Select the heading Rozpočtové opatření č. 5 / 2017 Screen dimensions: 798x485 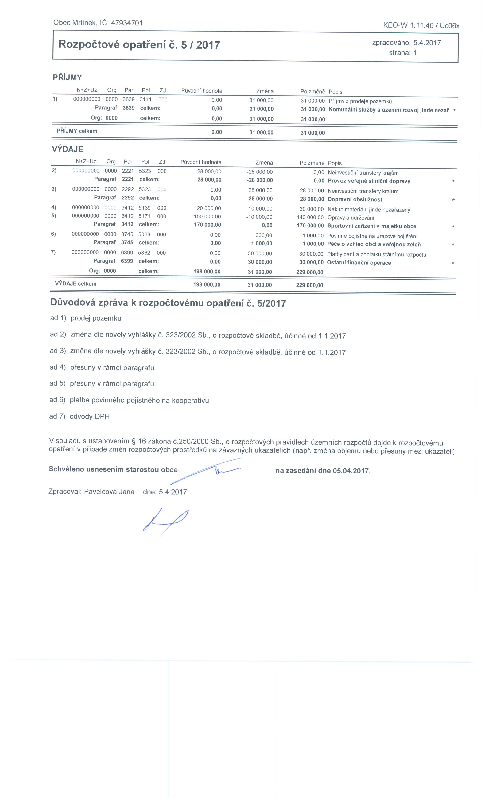[x=139, y=45]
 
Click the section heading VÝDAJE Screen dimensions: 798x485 [x=68, y=149]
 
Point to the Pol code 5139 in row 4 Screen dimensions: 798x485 [x=145, y=208]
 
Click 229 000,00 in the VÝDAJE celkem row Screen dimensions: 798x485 [x=310, y=285]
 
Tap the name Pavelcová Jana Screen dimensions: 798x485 [x=109, y=492]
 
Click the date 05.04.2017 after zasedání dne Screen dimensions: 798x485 [x=351, y=471]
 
